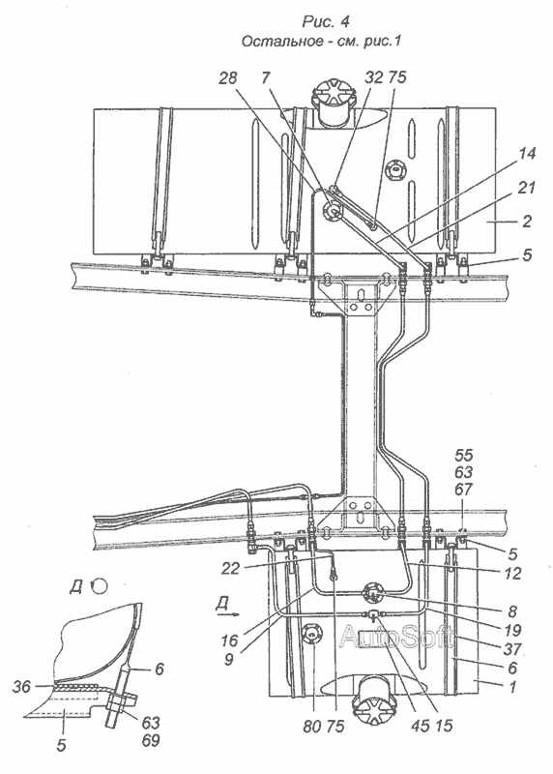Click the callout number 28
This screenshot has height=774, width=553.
[x=228, y=78]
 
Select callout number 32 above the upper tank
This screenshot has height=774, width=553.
[x=374, y=77]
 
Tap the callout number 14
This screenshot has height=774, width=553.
[x=526, y=154]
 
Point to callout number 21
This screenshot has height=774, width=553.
[x=526, y=188]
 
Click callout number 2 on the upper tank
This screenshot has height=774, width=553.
[x=527, y=221]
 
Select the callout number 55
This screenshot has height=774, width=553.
[x=463, y=455]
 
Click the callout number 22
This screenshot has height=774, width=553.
[x=230, y=569]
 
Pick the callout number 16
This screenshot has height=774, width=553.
[x=229, y=641]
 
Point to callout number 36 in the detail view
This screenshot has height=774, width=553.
[x=21, y=687]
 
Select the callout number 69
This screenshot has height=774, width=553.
[x=151, y=740]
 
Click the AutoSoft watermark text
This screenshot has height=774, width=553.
[x=395, y=637]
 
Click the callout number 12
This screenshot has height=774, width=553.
[x=513, y=574]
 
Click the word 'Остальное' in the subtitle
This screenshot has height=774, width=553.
[x=280, y=42]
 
